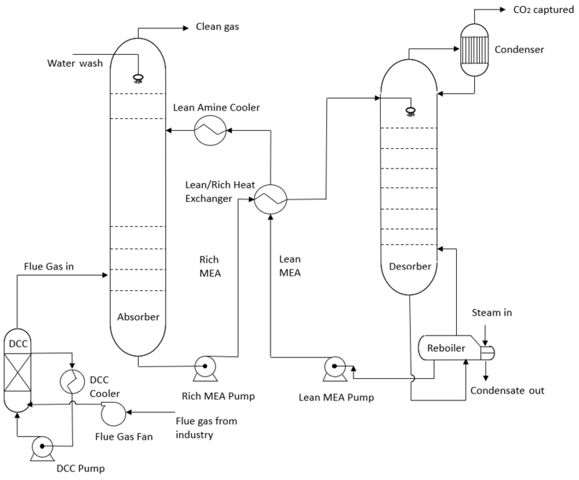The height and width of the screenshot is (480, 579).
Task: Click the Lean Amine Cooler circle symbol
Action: tap(210, 130)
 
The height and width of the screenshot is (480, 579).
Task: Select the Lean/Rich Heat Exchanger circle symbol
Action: tap(270, 199)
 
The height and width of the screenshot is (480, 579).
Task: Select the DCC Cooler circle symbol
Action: tap(72, 381)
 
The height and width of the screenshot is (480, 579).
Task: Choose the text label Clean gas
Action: tap(217, 27)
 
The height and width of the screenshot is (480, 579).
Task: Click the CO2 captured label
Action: tap(543, 10)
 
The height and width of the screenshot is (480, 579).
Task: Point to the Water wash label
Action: tap(75, 63)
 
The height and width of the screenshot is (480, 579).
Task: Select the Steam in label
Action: tap(492, 313)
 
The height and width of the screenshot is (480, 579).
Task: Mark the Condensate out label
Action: tap(507, 391)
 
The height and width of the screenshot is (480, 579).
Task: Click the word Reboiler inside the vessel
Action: tap(446, 348)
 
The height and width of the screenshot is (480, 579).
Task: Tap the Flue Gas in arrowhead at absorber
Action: tap(105, 275)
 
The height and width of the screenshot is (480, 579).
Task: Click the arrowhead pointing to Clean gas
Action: tap(186, 28)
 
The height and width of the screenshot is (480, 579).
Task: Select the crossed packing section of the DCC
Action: tap(18, 372)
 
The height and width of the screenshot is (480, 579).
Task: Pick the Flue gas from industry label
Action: tap(206, 427)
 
